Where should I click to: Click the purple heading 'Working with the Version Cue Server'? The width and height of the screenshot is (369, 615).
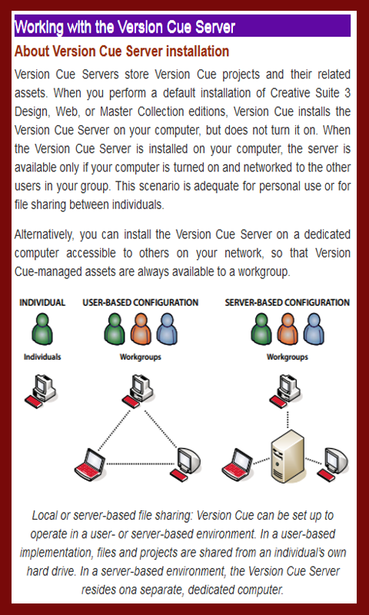tap(125, 28)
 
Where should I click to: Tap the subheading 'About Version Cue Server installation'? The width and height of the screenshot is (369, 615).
tap(121, 52)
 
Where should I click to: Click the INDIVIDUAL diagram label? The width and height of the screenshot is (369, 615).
tap(42, 303)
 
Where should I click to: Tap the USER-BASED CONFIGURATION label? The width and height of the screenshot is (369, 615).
tap(141, 303)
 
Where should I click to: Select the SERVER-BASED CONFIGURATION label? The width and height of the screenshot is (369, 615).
tap(288, 303)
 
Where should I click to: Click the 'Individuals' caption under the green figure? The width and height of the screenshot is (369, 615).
tap(42, 357)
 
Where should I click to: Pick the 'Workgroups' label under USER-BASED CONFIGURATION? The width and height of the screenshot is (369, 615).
tap(139, 357)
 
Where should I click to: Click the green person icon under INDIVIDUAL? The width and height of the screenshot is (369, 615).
tap(42, 331)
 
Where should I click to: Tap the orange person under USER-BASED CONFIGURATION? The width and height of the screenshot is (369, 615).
tap(141, 331)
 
